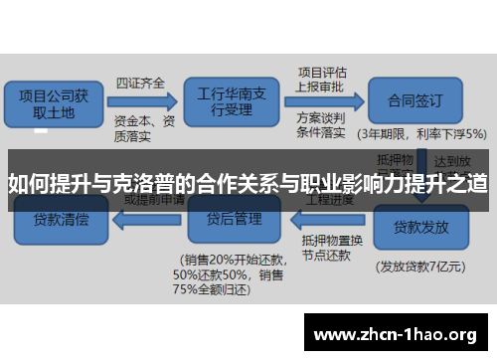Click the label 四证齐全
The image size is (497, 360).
pyautogui.click(x=140, y=82)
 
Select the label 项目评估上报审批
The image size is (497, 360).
pyautogui.click(x=324, y=80)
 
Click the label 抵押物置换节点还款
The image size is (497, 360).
pyautogui.click(x=327, y=246)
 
